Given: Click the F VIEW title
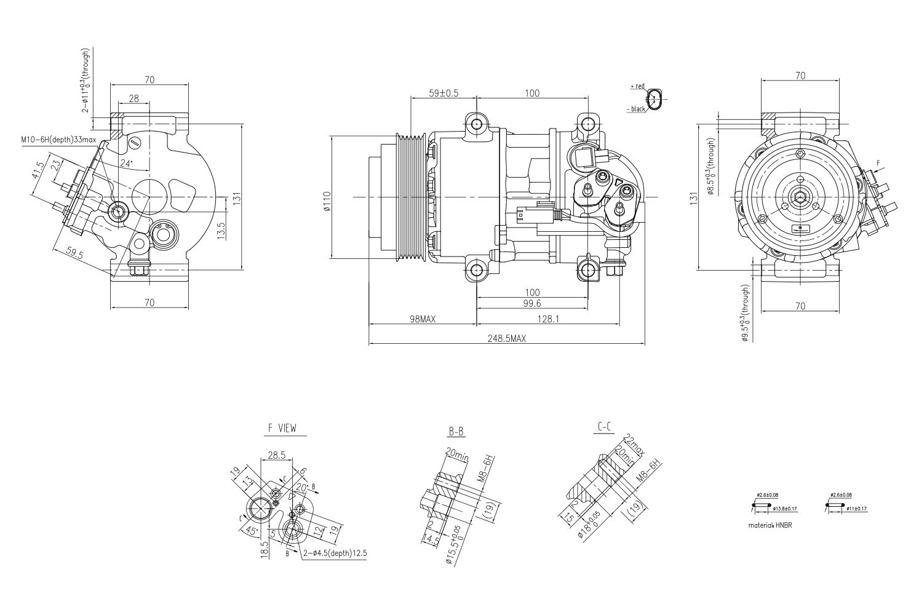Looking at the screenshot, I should (286, 428).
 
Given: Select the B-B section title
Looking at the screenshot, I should (456, 432).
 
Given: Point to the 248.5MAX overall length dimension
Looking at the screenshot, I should (507, 338).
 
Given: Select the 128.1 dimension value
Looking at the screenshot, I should (559, 319).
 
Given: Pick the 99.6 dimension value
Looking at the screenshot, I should (533, 303).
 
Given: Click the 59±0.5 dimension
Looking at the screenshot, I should (444, 93).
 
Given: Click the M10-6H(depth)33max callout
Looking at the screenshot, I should (58, 140).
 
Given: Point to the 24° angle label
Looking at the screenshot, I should (126, 164).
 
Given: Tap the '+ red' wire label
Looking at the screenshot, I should (637, 87).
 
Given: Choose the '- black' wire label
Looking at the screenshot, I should (636, 109).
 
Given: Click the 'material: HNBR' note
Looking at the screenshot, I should (768, 525).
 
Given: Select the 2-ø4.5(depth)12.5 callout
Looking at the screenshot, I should (335, 553).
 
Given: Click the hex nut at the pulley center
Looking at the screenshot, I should (799, 197).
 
